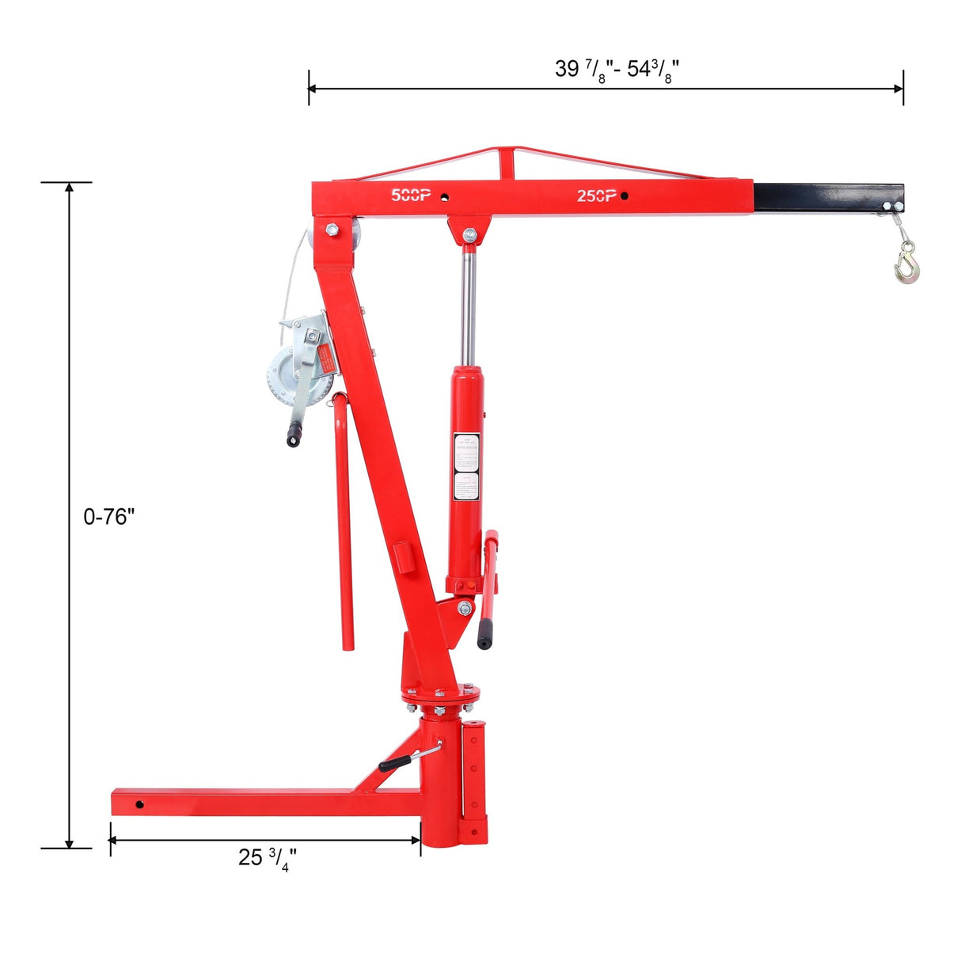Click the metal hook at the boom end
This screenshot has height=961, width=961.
tap(907, 264)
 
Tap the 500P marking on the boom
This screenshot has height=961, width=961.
tap(411, 195)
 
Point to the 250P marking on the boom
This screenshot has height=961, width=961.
tap(596, 196)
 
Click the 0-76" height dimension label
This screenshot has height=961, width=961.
tap(109, 517)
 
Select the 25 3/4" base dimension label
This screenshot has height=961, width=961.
tap(268, 857)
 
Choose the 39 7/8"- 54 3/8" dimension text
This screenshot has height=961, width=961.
tap(617, 70)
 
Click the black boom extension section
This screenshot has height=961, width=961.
tap(827, 197)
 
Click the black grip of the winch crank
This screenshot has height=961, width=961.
tap(294, 435)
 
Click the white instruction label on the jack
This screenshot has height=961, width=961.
tap(466, 466)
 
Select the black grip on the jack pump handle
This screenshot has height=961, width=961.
tap(484, 633)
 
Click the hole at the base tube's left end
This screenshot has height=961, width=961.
tap(139, 804)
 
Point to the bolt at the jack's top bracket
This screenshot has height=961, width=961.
tap(470, 234)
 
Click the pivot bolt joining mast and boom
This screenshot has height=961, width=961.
tap(331, 230)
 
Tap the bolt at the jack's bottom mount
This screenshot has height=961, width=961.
tap(465, 608)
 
